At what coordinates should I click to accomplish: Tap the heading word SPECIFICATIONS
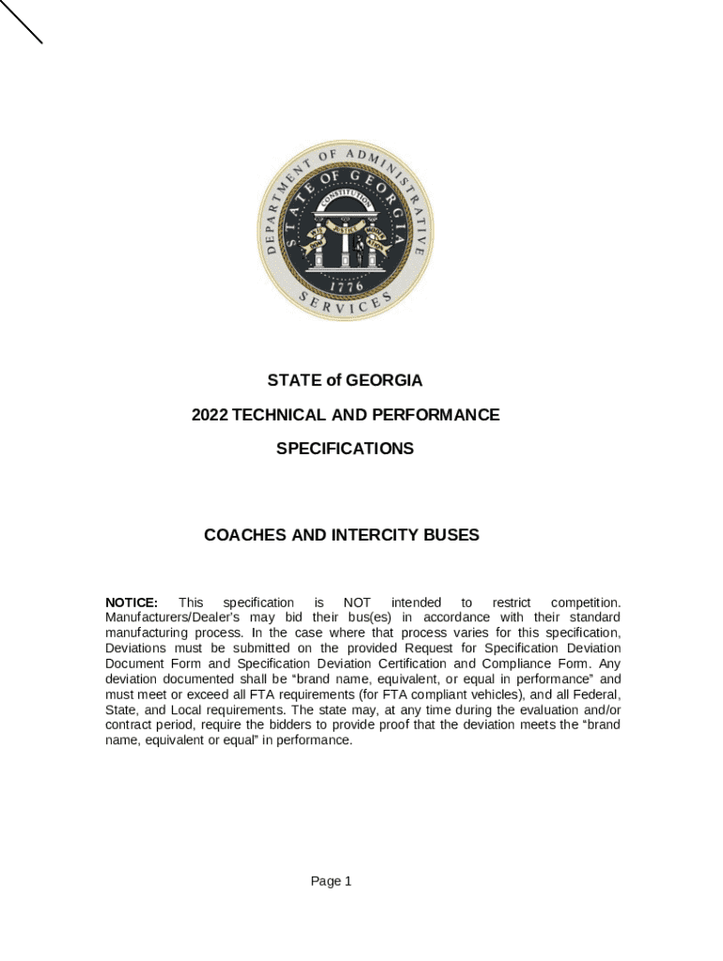pyautogui.click(x=345, y=449)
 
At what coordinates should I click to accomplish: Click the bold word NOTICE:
pyautogui.click(x=131, y=602)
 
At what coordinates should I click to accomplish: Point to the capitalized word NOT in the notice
pyautogui.click(x=358, y=602)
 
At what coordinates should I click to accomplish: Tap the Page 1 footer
pyautogui.click(x=331, y=880)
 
